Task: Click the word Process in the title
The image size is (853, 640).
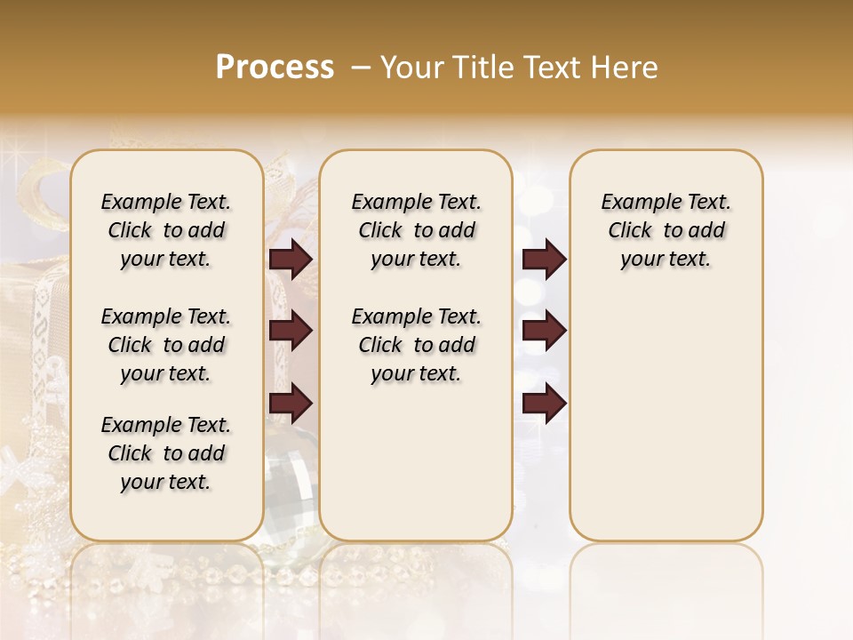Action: pos(275,68)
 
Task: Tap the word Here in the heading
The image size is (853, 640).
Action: pos(626,68)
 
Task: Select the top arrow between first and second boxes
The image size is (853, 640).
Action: pos(291,260)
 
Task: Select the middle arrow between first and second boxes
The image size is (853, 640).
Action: pos(291,332)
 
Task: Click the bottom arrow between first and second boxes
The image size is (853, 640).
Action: pos(291,404)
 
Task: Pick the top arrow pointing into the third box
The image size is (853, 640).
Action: pos(544,260)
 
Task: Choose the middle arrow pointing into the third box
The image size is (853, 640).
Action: pos(544,332)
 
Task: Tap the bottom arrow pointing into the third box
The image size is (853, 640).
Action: pos(544,404)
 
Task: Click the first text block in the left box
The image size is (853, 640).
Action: pos(166,231)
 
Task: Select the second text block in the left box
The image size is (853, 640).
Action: pos(166,345)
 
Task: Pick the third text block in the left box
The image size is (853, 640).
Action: pos(166,453)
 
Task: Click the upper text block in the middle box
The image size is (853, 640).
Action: pos(417,231)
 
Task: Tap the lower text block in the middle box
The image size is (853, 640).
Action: pos(417,345)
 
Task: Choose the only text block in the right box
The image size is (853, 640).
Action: pos(666,231)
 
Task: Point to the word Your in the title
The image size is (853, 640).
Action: pos(412,68)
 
